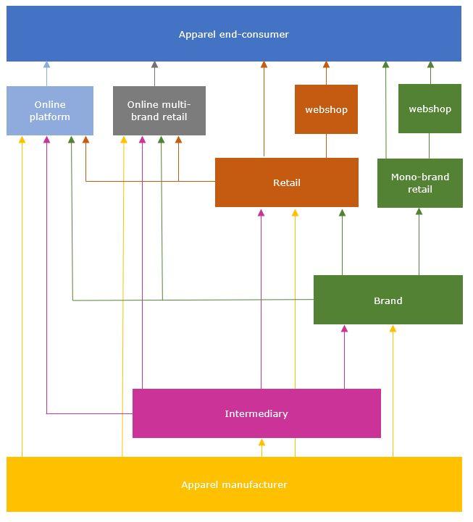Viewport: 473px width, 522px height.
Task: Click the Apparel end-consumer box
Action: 234,33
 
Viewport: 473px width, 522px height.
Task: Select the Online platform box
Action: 50,111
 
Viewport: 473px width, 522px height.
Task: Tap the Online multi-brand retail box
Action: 159,111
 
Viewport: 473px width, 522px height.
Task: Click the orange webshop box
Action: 326,109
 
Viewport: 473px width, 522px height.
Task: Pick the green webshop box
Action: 430,109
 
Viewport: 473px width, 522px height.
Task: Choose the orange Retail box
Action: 287,182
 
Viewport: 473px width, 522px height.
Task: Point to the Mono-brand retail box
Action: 420,183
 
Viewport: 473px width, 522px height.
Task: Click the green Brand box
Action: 388,300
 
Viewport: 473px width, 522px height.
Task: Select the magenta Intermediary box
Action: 256,413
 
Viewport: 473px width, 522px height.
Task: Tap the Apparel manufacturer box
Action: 234,484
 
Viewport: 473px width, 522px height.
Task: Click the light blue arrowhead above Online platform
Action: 46,64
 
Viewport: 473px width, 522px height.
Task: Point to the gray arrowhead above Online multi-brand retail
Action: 154,64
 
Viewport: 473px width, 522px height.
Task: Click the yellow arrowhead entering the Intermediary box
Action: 261,442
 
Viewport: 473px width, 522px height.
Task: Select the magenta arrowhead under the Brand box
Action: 344,329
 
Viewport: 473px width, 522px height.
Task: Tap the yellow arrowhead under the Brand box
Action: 393,329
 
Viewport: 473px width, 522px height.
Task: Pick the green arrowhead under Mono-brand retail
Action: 419,211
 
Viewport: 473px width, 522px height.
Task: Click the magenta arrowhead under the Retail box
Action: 261,213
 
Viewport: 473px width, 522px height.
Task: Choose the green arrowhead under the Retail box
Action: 342,213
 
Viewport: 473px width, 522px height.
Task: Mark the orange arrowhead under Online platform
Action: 86,140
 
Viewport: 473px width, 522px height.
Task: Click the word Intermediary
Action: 256,413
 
